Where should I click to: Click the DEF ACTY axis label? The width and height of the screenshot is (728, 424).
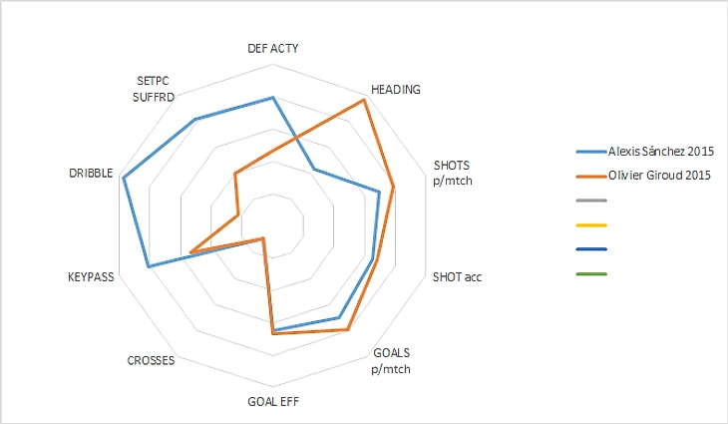pyautogui.click(x=272, y=48)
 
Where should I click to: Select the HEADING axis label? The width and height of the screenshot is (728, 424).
pyautogui.click(x=395, y=89)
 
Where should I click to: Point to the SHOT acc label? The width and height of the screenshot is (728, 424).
pyautogui.click(x=457, y=276)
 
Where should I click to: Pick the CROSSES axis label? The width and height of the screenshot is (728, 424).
pyautogui.click(x=152, y=360)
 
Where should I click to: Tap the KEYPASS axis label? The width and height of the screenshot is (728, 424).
pyautogui.click(x=91, y=276)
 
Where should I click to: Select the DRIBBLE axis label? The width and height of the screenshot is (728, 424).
pyautogui.click(x=91, y=174)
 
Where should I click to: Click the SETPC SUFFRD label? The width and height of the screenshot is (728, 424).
pyautogui.click(x=155, y=89)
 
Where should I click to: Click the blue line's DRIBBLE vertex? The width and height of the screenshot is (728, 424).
pyautogui.click(x=123, y=179)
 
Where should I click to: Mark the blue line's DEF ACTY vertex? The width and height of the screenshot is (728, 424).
pyautogui.click(x=272, y=98)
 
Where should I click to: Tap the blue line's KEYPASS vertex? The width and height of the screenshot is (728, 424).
pyautogui.click(x=148, y=266)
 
